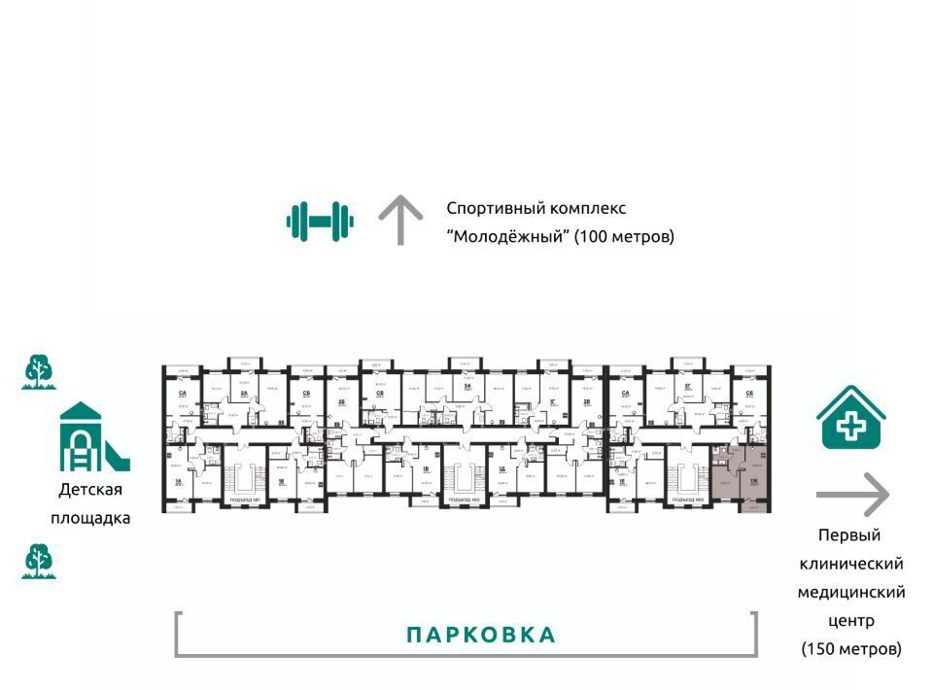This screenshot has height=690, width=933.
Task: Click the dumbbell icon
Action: click(320, 221)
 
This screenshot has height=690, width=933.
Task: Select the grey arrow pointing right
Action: click(852, 495)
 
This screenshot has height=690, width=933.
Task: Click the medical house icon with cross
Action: click(850, 419)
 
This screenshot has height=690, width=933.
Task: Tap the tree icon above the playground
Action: click(40, 372)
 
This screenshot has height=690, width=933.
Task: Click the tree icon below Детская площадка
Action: click(40, 562)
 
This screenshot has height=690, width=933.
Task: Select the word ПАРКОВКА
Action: click(481, 636)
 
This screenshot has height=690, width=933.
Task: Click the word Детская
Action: click(90, 490)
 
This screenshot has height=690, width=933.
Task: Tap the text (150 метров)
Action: click(851, 648)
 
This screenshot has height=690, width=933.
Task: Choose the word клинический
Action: click(851, 564)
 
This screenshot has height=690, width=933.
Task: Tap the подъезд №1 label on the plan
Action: click(242, 501)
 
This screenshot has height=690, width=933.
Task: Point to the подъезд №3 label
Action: click(688, 501)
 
